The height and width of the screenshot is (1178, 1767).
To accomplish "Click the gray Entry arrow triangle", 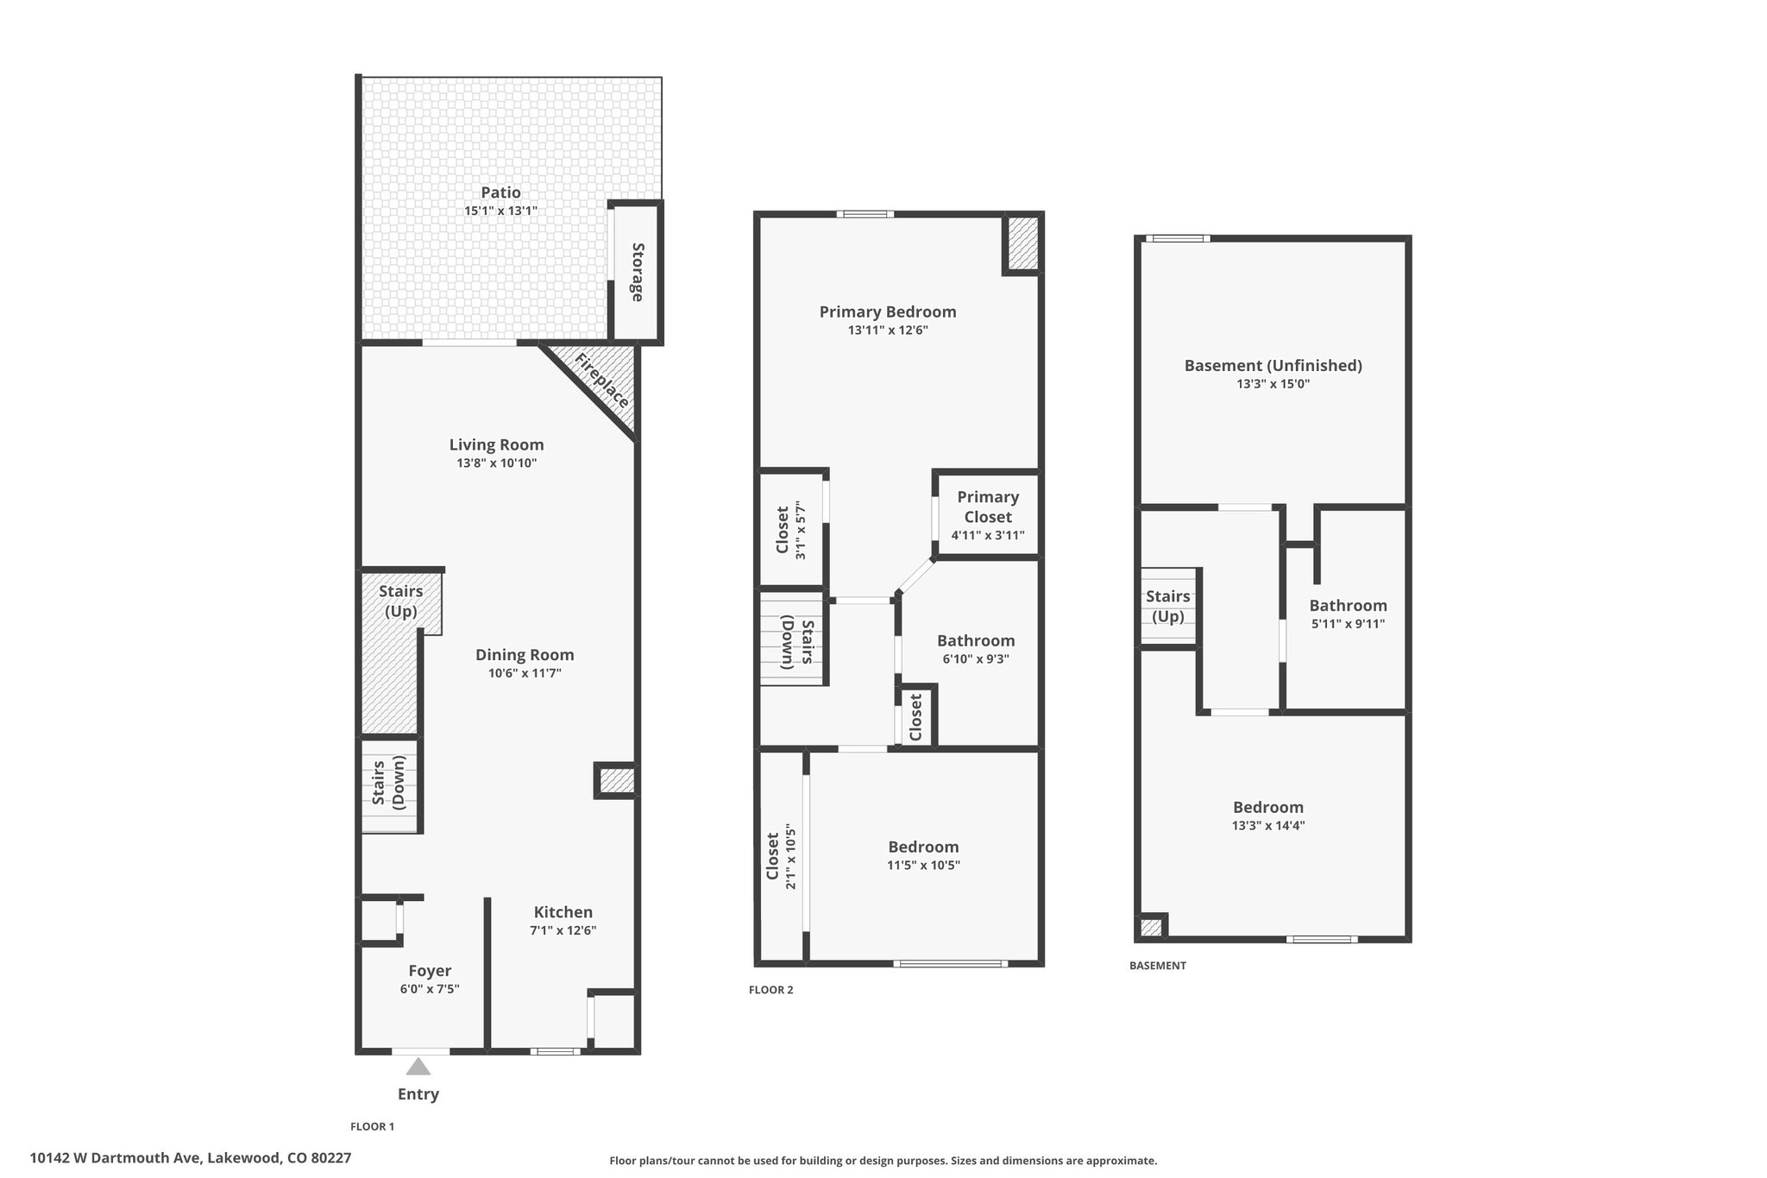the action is (418, 1067).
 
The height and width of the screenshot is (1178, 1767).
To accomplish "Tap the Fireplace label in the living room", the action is (602, 381).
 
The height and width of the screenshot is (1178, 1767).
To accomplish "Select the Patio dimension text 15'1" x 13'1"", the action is (501, 211).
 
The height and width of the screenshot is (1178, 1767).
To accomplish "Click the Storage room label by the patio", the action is (638, 272).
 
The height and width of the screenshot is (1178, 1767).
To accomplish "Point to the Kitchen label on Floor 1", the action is (563, 912).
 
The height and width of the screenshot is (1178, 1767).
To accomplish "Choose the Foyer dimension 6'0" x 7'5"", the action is (430, 989).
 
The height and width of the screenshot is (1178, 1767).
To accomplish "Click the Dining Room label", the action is (525, 655).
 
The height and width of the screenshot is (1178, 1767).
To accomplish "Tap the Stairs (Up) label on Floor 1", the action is (401, 602).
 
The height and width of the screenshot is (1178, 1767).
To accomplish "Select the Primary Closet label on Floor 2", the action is (988, 507).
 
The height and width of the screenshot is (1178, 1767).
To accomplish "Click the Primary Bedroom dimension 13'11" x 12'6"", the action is (888, 330).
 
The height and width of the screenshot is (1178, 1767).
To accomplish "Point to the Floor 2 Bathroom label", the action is (976, 640).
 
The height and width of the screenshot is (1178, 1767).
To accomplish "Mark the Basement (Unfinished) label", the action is (1273, 365).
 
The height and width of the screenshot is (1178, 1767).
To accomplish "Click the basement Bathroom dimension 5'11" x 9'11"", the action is (1348, 624).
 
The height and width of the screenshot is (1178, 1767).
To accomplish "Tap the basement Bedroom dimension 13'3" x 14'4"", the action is (1268, 825).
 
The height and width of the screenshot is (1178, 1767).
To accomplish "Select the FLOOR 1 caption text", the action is (372, 1126).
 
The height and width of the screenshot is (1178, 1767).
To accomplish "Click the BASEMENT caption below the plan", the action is (1158, 966).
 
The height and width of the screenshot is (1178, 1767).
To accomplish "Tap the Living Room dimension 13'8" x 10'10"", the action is (497, 463).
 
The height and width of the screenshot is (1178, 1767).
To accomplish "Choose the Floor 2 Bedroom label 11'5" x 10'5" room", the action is (923, 847).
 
